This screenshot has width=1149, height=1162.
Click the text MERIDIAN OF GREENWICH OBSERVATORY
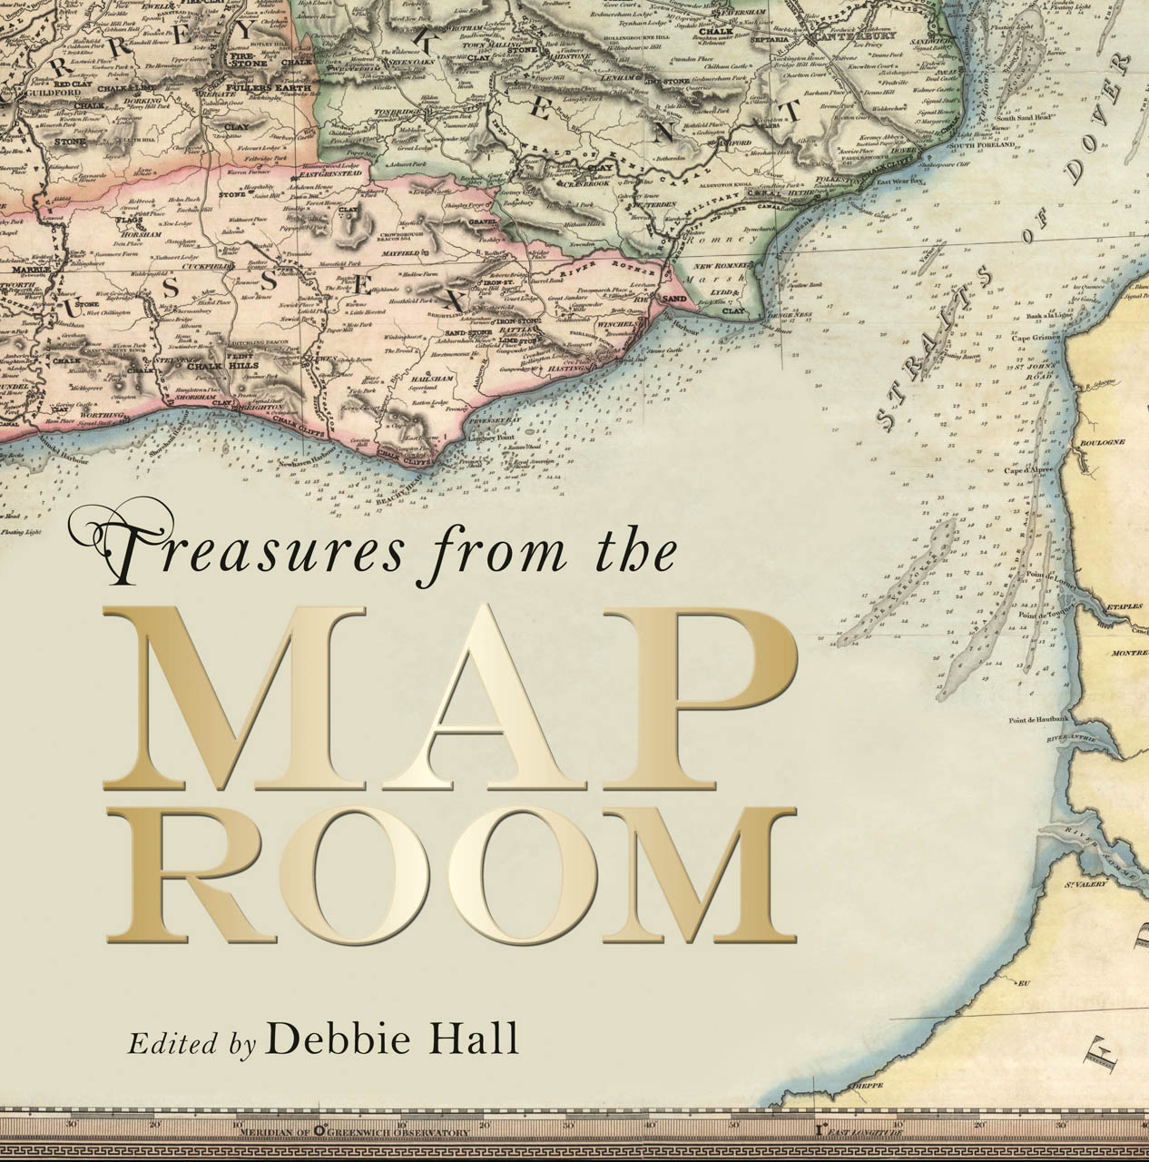click(354, 1132)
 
